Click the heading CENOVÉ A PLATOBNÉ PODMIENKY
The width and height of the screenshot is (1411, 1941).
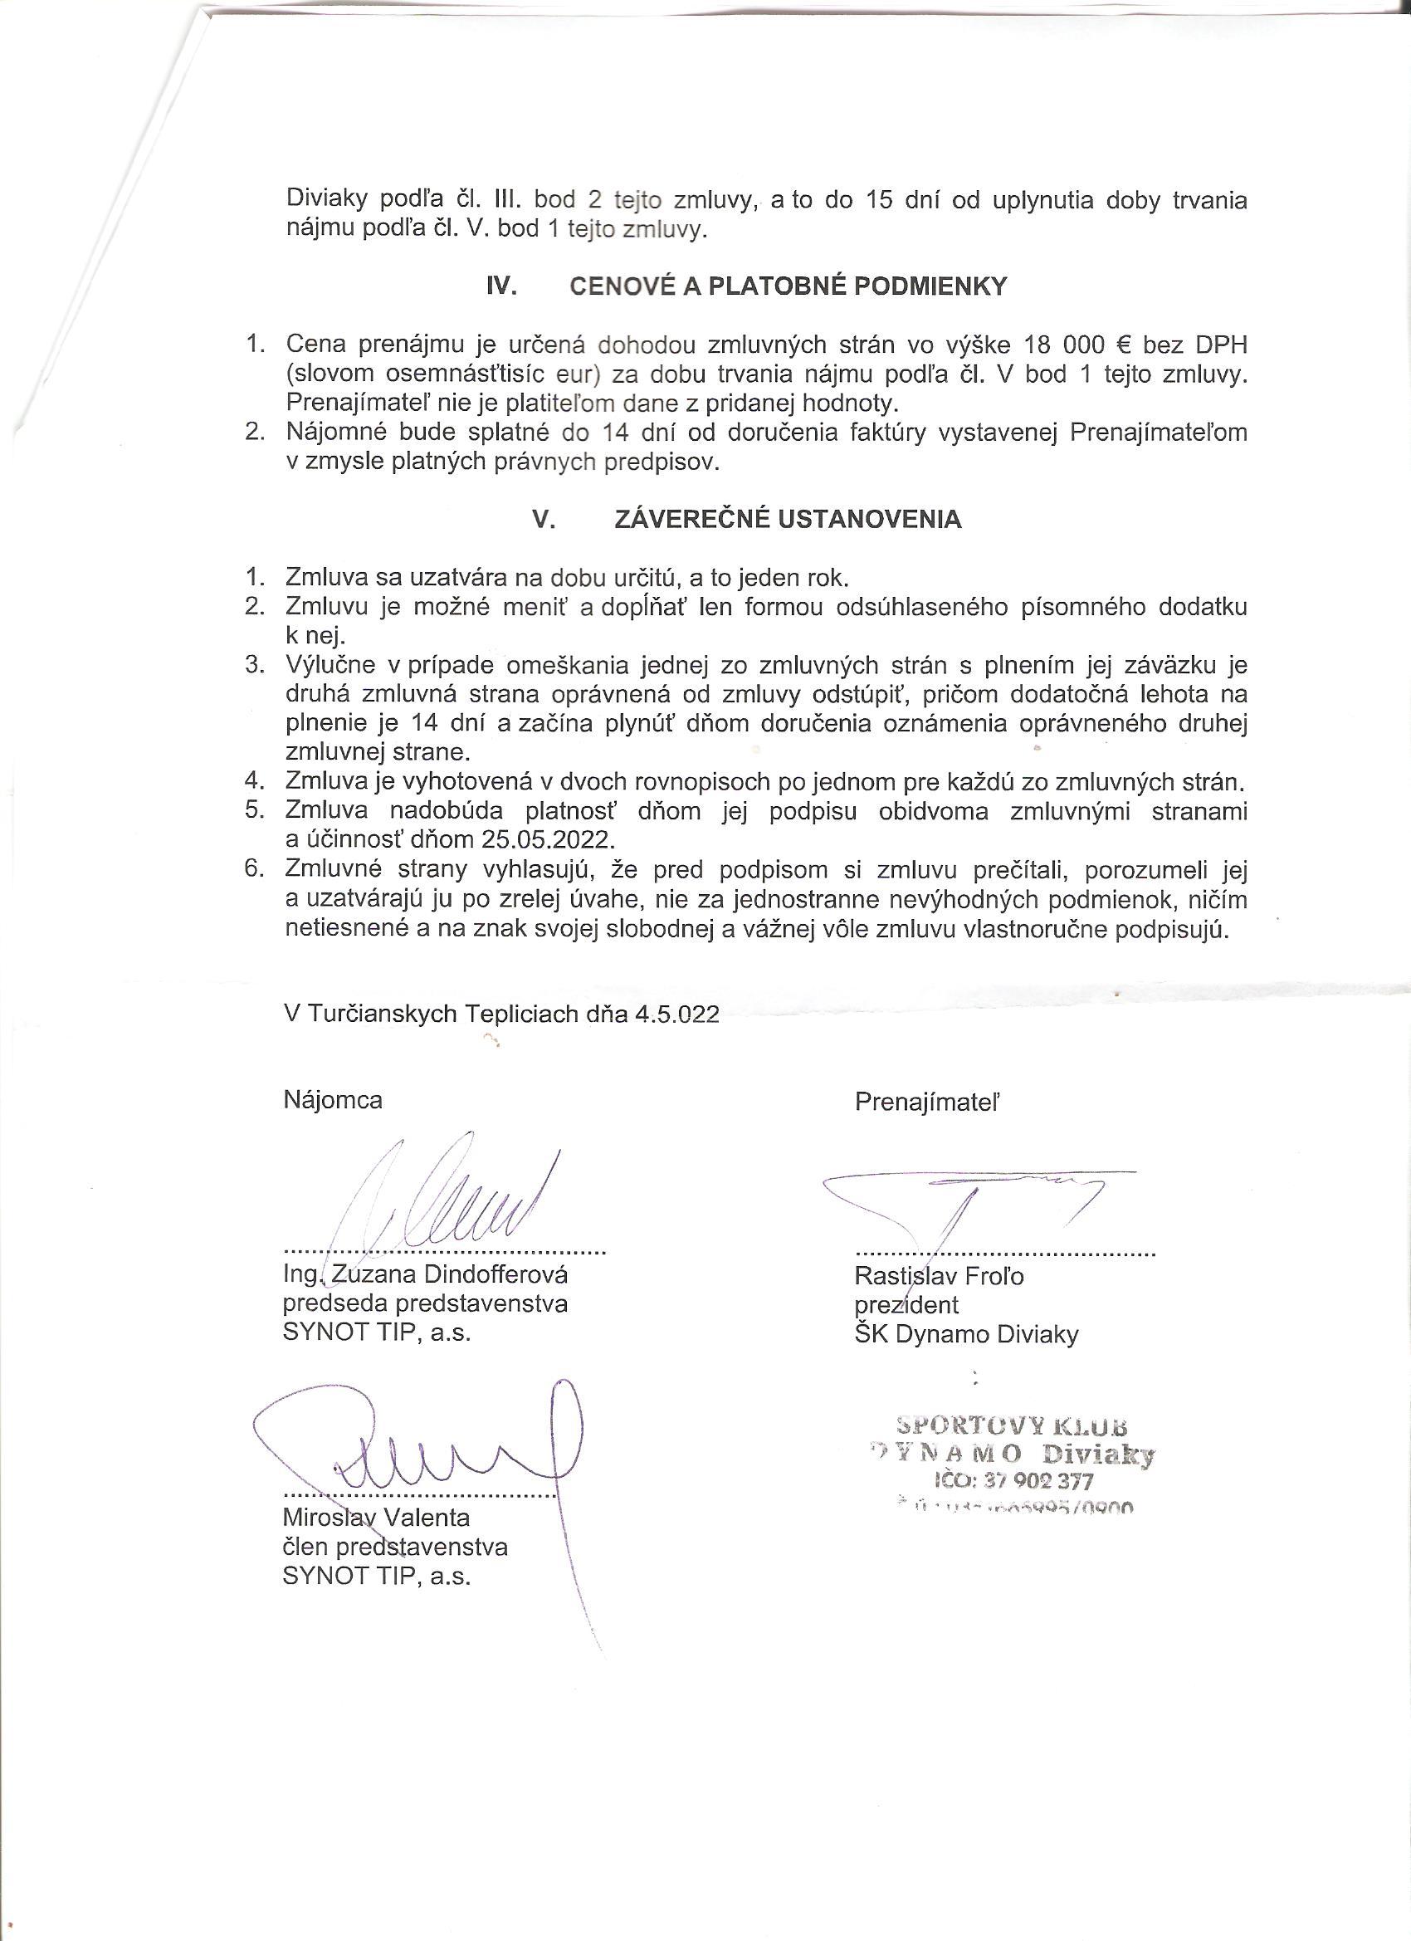click(788, 286)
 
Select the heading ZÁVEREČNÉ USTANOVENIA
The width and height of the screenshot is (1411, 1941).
click(787, 520)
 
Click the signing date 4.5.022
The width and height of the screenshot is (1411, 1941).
click(676, 1015)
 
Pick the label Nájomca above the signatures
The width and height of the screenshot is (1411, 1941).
click(333, 1100)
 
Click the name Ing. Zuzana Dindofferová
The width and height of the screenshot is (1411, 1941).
click(425, 1274)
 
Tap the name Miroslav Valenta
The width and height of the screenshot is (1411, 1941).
click(377, 1518)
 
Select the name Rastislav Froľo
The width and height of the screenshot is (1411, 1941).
click(939, 1276)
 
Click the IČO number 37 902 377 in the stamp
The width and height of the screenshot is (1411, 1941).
click(1038, 1480)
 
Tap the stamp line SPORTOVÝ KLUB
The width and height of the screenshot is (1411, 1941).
click(1012, 1425)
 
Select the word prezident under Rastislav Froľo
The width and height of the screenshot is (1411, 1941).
click(906, 1305)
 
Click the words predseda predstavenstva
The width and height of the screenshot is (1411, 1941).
click(425, 1303)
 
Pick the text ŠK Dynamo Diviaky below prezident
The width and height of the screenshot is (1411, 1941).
click(966, 1334)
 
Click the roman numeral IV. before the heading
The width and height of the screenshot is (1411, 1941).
click(501, 286)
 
